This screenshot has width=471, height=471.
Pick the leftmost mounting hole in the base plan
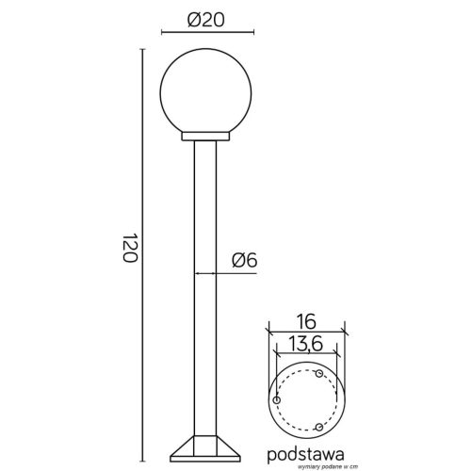(x=276, y=399)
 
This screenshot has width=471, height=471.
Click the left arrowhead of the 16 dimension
(x=270, y=331)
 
